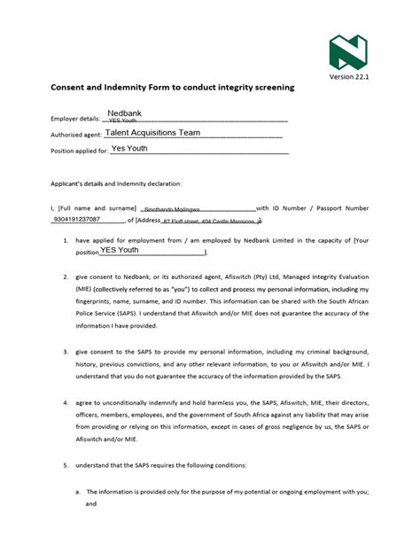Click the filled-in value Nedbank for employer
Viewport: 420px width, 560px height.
[x=124, y=113]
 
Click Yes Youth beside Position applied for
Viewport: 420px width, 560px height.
[x=129, y=149]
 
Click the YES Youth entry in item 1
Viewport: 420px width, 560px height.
[x=120, y=251]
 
